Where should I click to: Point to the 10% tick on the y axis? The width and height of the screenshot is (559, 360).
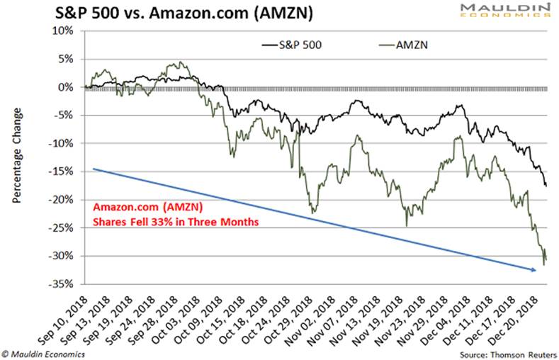coord(63,31)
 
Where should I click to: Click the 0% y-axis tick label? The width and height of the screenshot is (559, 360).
coord(66,87)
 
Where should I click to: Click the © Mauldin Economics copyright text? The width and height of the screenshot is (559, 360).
coord(44,352)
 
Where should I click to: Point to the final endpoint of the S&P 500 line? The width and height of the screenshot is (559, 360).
coord(546,186)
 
